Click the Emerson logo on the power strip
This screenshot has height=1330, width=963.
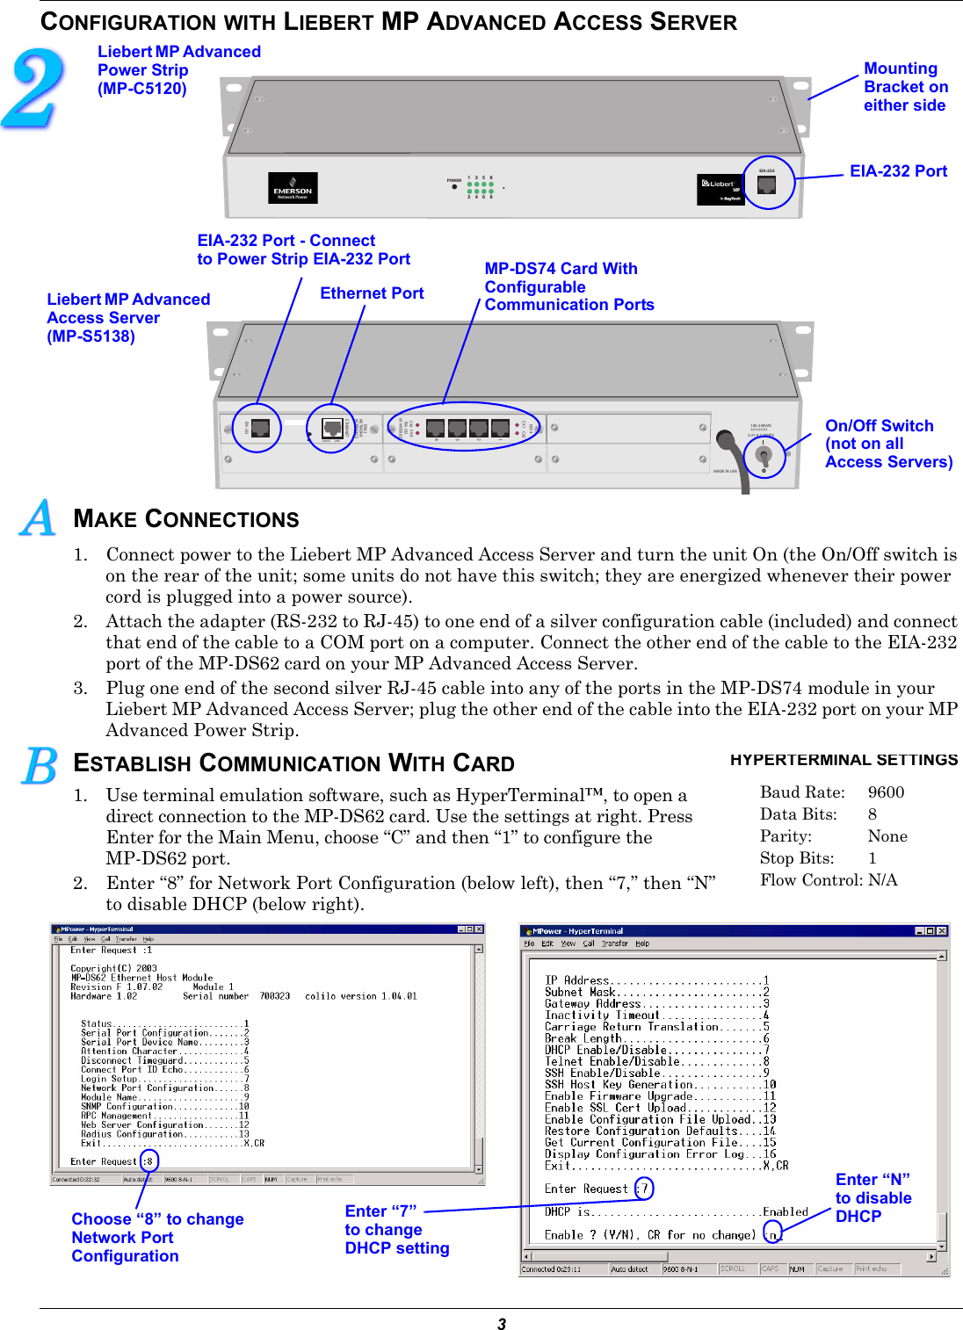(293, 189)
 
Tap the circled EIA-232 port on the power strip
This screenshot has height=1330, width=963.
(767, 184)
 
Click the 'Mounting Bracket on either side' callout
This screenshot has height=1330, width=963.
(905, 87)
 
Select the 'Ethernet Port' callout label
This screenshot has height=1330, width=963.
(372, 293)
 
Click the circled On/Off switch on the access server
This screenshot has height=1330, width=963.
(764, 455)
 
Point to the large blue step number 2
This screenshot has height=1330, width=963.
(33, 88)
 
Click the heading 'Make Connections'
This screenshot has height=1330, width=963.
(186, 519)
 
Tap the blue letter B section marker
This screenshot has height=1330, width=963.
(40, 766)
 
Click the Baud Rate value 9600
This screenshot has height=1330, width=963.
(886, 792)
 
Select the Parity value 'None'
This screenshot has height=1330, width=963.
(887, 836)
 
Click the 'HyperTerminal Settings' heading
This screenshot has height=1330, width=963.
(844, 760)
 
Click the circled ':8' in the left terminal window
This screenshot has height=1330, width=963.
(148, 1161)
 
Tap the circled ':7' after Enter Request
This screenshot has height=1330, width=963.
(643, 1189)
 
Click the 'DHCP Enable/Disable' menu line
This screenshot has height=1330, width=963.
(655, 1050)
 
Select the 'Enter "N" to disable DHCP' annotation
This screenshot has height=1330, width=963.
(872, 1198)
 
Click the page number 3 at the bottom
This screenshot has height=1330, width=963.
(502, 1324)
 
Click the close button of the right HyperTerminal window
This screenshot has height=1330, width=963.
(942, 931)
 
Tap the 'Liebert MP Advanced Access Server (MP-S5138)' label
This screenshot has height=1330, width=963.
(128, 318)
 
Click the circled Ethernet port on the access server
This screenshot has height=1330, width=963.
(332, 429)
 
